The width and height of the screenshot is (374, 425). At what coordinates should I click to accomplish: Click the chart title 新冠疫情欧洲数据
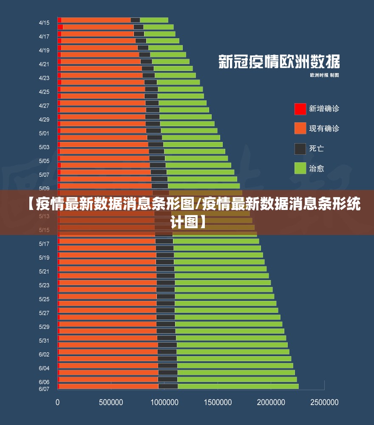pyautogui.click(x=279, y=62)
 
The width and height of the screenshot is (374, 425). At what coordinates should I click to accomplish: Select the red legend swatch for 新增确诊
pyautogui.click(x=300, y=109)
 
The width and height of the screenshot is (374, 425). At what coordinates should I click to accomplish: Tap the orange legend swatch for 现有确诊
pyautogui.click(x=300, y=128)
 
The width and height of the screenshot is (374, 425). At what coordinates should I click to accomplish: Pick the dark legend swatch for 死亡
pyautogui.click(x=300, y=148)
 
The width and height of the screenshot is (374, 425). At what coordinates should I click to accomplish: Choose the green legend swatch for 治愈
pyautogui.click(x=300, y=168)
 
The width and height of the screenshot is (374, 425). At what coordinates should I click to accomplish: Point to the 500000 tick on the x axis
pyautogui.click(x=111, y=402)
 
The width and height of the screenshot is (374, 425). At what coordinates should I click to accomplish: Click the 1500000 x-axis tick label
pyautogui.click(x=218, y=402)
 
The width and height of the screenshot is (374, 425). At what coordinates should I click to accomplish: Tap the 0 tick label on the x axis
pyautogui.click(x=58, y=402)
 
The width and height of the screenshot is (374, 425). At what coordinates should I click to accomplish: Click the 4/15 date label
pyautogui.click(x=44, y=23)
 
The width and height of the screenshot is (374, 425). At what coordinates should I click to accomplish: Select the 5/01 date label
pyautogui.click(x=44, y=133)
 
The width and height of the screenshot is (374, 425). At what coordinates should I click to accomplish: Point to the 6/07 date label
pyautogui.click(x=44, y=388)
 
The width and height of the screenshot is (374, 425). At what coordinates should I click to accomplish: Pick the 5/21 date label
pyautogui.click(x=44, y=271)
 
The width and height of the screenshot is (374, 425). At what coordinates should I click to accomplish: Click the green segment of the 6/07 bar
pyautogui.click(x=238, y=386)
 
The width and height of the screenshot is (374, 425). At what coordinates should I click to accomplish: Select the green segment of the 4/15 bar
pyautogui.click(x=154, y=20)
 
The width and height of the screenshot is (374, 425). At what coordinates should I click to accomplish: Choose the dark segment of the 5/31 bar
pyautogui.click(x=167, y=338)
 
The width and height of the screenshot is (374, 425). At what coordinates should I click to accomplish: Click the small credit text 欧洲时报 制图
pyautogui.click(x=324, y=75)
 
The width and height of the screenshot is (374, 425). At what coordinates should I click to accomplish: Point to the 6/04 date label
pyautogui.click(x=44, y=368)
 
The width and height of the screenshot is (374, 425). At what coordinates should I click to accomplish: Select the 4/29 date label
pyautogui.click(x=44, y=119)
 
